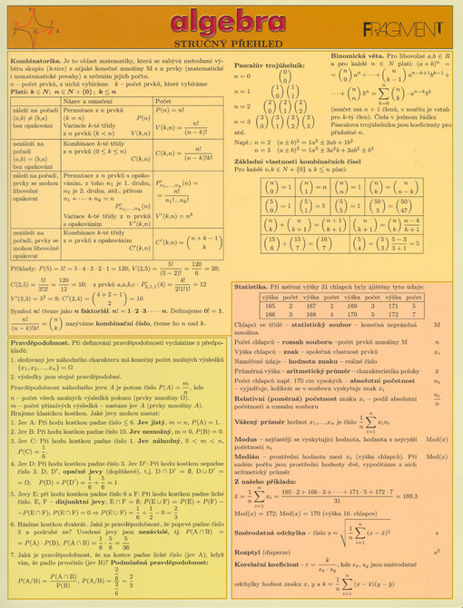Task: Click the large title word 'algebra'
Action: coord(231,23)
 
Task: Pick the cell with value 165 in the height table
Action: coord(270,307)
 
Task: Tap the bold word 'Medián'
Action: coord(246,456)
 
